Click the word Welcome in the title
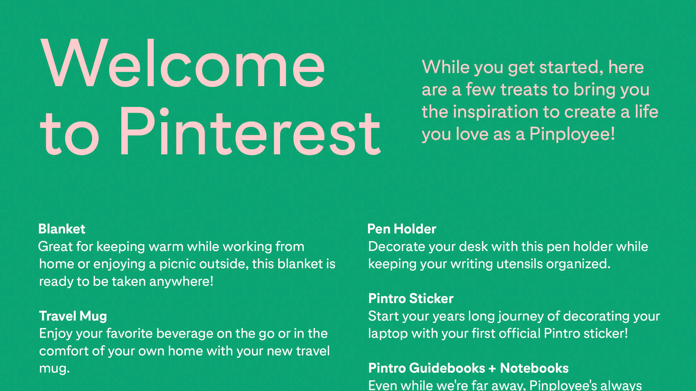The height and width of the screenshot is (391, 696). pyautogui.click(x=183, y=63)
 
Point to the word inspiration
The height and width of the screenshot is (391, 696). pyautogui.click(x=495, y=112)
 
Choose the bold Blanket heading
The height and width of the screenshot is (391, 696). pyautogui.click(x=62, y=229)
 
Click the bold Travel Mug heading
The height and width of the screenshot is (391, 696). pyautogui.click(x=73, y=316)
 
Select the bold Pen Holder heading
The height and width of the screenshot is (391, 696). pyautogui.click(x=402, y=229)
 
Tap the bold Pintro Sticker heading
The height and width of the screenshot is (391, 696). pyautogui.click(x=411, y=299)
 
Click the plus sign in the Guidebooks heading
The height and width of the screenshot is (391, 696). pyautogui.click(x=492, y=368)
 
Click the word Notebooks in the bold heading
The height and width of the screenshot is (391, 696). pyautogui.click(x=534, y=368)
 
